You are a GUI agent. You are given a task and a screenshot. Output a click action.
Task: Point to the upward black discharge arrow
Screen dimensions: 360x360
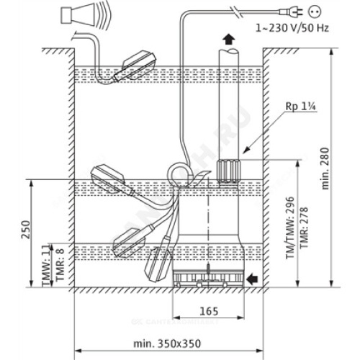(229, 40)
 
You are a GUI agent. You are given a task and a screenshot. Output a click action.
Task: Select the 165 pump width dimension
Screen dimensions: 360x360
(209, 311)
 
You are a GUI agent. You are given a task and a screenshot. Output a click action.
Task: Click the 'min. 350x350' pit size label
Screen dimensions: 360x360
(167, 344)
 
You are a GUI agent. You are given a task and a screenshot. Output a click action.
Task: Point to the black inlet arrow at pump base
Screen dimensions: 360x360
(253, 279)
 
